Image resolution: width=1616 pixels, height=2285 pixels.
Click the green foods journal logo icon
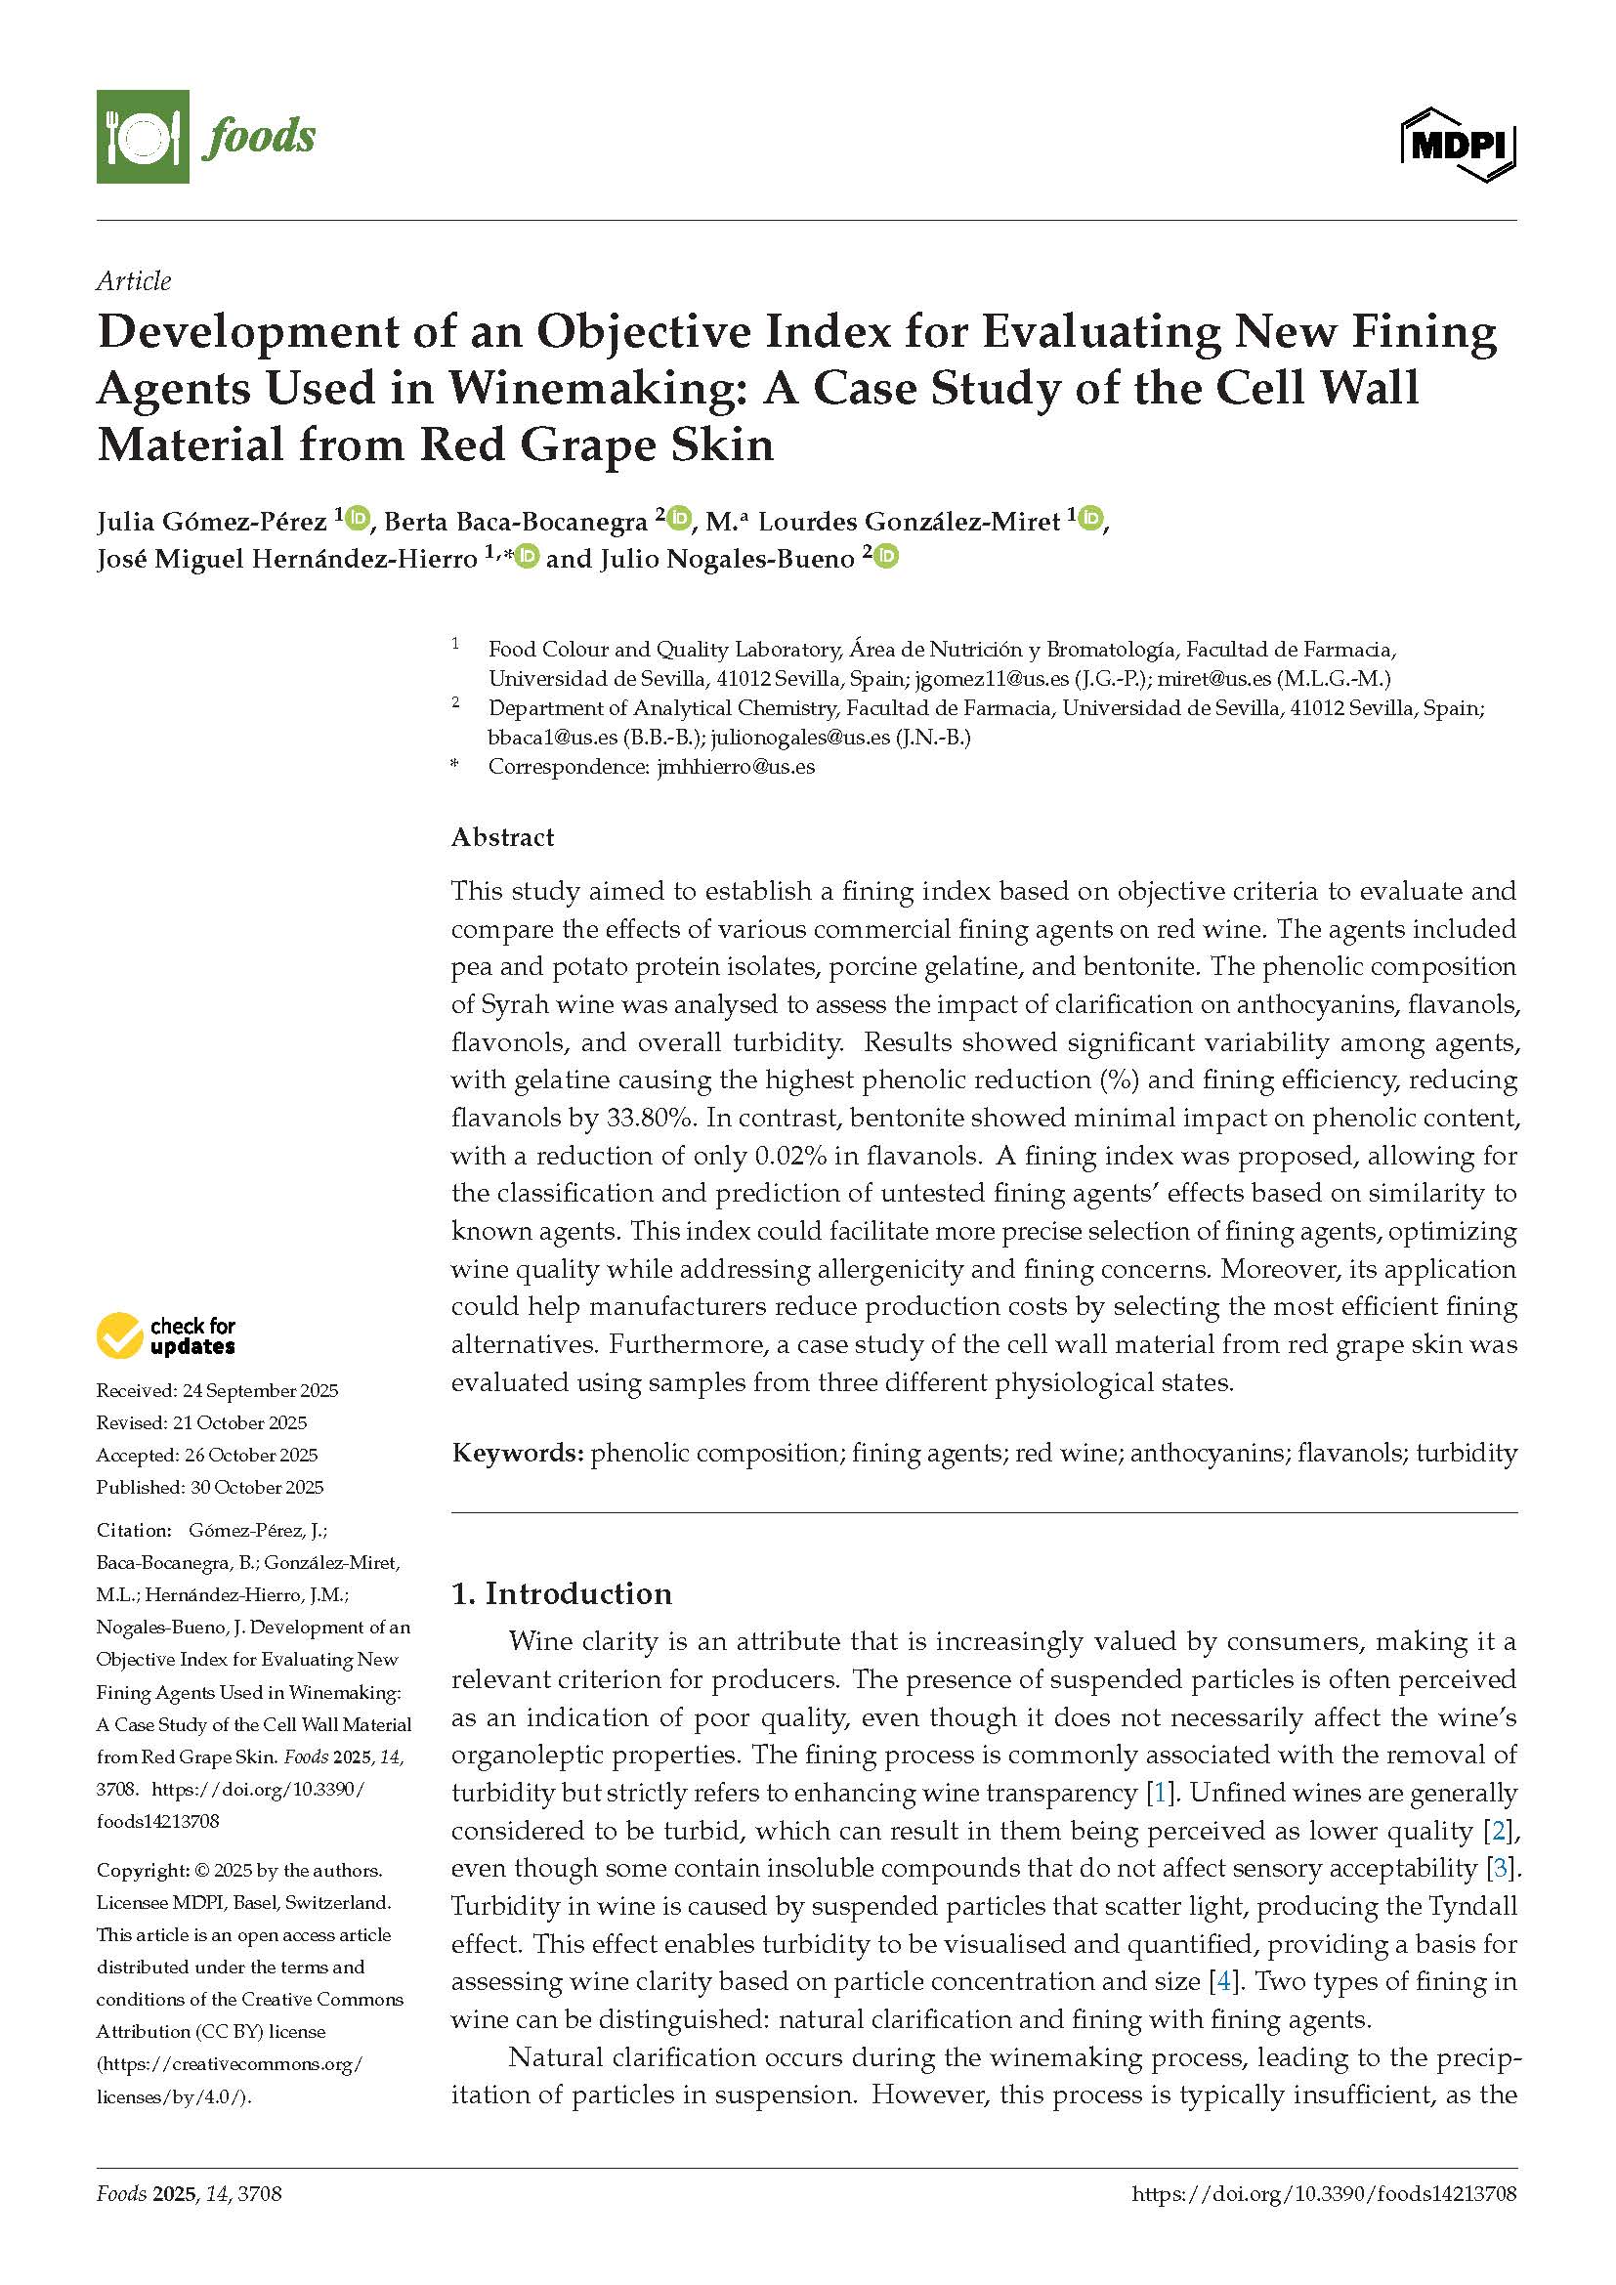[143, 137]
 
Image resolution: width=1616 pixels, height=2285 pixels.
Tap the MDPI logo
[1458, 146]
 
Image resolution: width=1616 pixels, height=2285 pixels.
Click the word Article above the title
[133, 281]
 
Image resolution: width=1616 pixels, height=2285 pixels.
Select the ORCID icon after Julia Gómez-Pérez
[358, 519]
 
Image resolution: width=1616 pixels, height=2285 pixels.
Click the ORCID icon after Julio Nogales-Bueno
[885, 556]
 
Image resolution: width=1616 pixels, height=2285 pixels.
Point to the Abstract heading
[502, 837]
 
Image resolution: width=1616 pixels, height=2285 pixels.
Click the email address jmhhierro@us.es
[737, 766]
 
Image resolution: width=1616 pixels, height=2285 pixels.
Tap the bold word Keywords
[517, 1453]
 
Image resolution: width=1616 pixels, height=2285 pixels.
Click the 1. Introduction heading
[561, 1593]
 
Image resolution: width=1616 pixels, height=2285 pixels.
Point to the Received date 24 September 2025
[260, 1390]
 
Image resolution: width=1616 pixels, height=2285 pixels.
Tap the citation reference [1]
[1161, 1793]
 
